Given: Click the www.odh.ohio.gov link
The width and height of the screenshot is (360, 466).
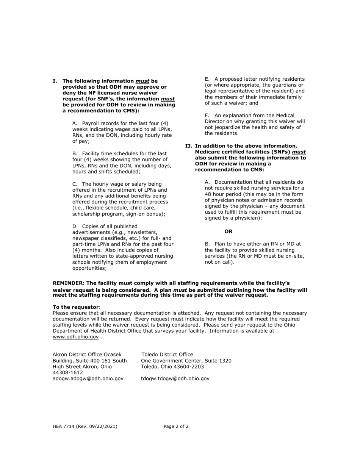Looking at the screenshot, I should [75, 337].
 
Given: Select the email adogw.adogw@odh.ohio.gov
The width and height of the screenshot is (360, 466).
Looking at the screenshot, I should [88, 378].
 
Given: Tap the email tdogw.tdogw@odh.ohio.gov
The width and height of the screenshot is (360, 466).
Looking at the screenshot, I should [175, 378].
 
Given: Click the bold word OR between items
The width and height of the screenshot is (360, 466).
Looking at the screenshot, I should [229, 231].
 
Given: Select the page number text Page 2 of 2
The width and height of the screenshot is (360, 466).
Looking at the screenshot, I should [176, 426].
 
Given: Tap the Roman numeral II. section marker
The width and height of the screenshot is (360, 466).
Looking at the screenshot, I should [189, 146].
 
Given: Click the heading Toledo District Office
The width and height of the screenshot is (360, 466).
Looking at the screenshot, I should [167, 355].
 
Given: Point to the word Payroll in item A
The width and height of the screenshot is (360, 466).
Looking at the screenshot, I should [91, 123].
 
